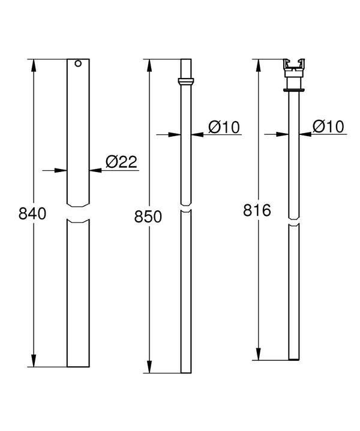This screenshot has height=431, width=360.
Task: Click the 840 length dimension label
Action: tap(32, 214)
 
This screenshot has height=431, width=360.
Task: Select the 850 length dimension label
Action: tap(148, 216)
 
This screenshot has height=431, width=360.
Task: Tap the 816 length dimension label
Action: tap(257, 210)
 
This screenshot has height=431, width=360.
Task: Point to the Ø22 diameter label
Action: tap(121, 162)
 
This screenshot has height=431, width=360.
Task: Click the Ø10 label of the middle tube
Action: tap(224, 127)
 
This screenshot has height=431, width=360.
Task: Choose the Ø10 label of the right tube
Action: tap(328, 126)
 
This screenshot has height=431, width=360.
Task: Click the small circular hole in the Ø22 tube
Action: tap(78, 64)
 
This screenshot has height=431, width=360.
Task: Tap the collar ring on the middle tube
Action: tap(186, 82)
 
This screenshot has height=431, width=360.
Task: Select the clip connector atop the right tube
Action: tap(294, 68)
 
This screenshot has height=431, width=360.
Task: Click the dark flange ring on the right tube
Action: tap(294, 90)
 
